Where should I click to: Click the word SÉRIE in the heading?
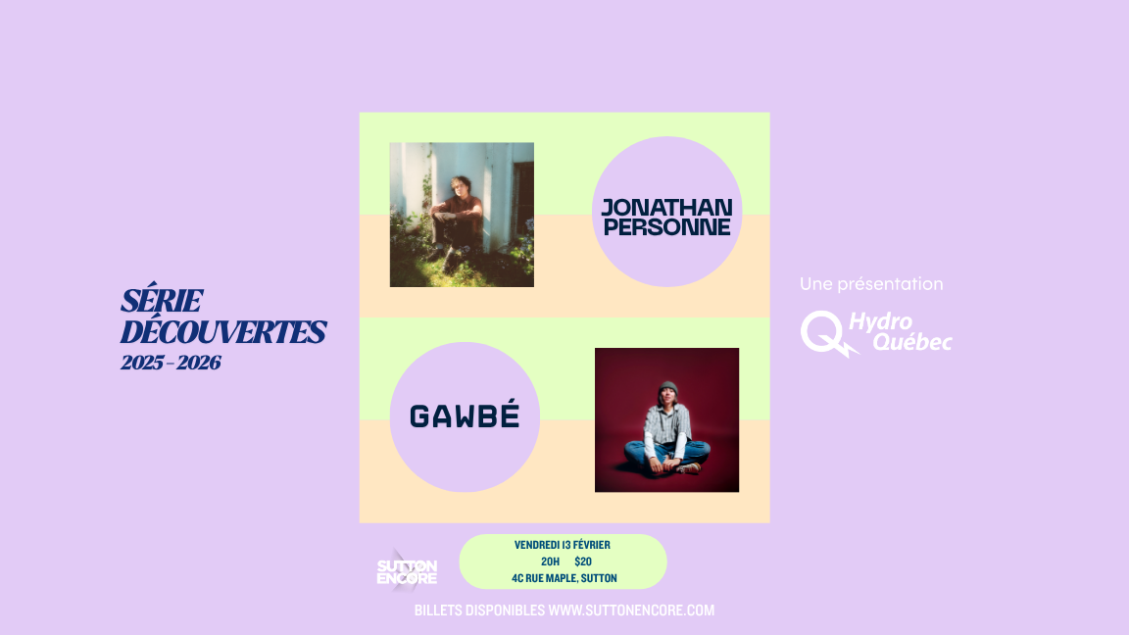pyautogui.click(x=162, y=301)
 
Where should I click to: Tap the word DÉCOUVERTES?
pyautogui.click(x=222, y=332)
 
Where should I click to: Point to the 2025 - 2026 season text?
pyautogui.click(x=171, y=363)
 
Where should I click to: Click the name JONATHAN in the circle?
pyautogui.click(x=666, y=207)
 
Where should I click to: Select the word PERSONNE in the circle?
pyautogui.click(x=666, y=226)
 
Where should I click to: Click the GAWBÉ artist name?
pyautogui.click(x=464, y=417)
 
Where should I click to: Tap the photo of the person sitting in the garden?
pyautogui.click(x=462, y=215)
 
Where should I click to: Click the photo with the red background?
pyautogui.click(x=666, y=419)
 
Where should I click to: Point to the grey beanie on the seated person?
pyautogui.click(x=668, y=388)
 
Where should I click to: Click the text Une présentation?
pyautogui.click(x=871, y=284)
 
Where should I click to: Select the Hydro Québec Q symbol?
pyautogui.click(x=820, y=332)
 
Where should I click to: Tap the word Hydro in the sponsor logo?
pyautogui.click(x=880, y=322)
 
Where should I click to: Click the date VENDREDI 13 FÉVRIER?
pyautogui.click(x=563, y=545)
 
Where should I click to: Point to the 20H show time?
pyautogui.click(x=550, y=562)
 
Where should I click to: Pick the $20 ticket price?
pyautogui.click(x=583, y=562)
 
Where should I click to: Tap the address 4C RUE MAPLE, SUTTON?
pyautogui.click(x=564, y=578)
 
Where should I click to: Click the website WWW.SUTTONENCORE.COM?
pyautogui.click(x=631, y=611)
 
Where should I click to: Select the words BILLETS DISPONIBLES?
pyautogui.click(x=479, y=611)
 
